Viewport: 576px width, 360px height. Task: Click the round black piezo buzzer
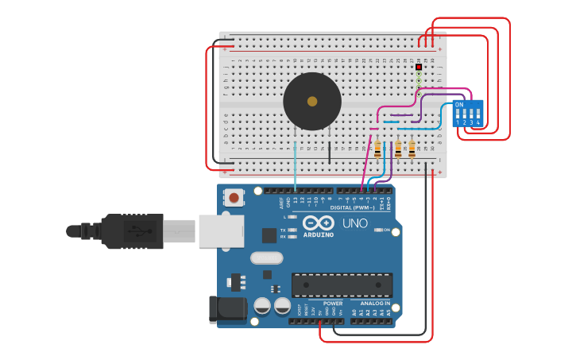coord(312,101)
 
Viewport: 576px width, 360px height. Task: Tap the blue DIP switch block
coord(468,113)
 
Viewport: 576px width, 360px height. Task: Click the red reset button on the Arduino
coord(234,197)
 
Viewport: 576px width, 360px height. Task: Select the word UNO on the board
coord(355,223)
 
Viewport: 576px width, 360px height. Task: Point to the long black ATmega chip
coord(342,285)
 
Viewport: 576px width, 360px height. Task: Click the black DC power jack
coord(226,310)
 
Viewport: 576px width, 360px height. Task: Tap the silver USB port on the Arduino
coord(219,230)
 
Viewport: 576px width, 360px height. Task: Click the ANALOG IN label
coord(375,304)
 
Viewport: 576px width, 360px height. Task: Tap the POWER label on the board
coord(333,304)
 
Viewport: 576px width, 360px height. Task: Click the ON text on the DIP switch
coord(459,105)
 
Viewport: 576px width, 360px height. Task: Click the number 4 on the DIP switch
coord(478,123)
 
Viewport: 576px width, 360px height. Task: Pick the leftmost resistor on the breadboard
coord(377,149)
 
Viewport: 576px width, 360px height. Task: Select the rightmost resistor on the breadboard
coord(412,149)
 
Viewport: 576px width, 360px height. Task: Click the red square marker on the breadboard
coord(419,67)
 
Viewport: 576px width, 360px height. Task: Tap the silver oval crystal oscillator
coord(266,257)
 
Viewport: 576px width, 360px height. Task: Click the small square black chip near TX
coord(269,235)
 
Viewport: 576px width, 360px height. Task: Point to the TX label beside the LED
coord(283,230)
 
